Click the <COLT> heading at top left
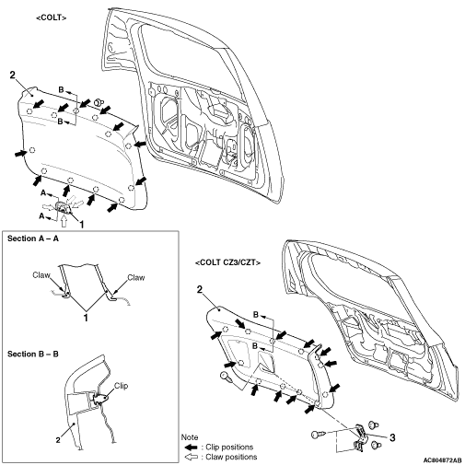click(52, 17)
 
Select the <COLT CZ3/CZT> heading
click(227, 262)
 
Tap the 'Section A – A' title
click(33, 238)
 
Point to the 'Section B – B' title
click(33, 354)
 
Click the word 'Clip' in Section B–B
click(121, 386)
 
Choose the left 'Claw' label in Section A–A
click(41, 275)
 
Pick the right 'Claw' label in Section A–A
click(136, 277)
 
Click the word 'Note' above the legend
click(190, 437)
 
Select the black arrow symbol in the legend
click(191, 447)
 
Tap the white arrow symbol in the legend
click(191, 457)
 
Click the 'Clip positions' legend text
click(229, 447)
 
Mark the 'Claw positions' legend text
click(231, 457)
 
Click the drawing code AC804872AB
click(442, 460)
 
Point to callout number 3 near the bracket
click(392, 437)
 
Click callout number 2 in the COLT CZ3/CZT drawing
click(200, 289)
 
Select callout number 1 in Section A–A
click(86, 318)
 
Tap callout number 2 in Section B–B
click(58, 440)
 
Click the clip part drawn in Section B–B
click(100, 398)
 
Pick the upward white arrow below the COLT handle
click(64, 220)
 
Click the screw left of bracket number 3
click(318, 434)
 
